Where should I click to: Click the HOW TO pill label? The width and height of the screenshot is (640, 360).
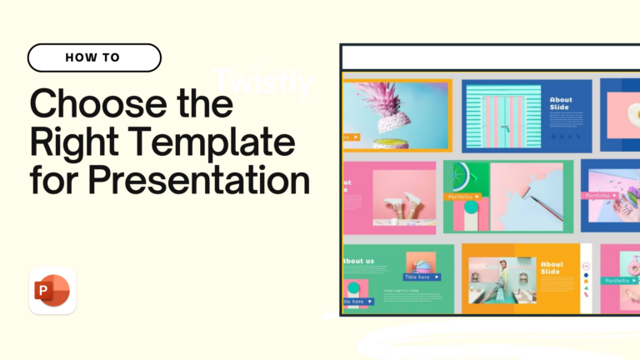pyautogui.click(x=93, y=57)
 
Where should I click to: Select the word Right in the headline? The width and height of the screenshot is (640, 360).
pyautogui.click(x=67, y=143)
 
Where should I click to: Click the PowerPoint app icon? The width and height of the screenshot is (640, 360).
pyautogui.click(x=52, y=291)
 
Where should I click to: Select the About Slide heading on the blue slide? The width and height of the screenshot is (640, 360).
pyautogui.click(x=562, y=105)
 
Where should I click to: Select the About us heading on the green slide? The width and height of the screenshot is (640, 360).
pyautogui.click(x=358, y=261)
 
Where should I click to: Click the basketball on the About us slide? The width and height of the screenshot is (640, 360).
pyautogui.click(x=422, y=266)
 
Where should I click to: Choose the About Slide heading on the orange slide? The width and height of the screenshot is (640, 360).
pyautogui.click(x=552, y=269)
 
